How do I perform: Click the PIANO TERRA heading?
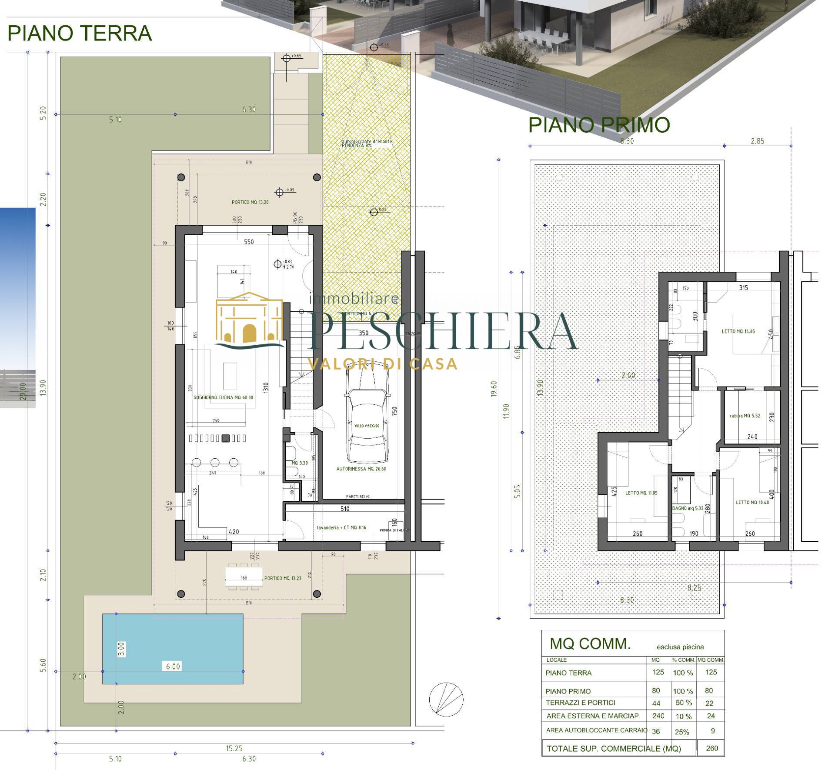tap(80, 34)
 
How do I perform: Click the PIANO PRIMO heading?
tap(599, 125)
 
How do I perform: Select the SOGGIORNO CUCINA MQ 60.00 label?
tap(223, 397)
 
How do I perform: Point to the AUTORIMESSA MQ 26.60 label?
tap(361, 469)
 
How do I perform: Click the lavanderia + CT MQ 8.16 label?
tap(341, 527)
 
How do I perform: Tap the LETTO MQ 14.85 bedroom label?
tap(738, 331)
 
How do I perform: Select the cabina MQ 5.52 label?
tap(745, 416)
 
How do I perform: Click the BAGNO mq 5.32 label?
tap(688, 508)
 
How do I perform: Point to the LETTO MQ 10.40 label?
tap(752, 502)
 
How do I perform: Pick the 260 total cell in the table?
tap(712, 748)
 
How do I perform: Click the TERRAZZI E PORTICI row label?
tap(580, 703)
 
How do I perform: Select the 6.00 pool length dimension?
tap(173, 666)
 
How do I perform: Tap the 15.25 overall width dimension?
tap(234, 748)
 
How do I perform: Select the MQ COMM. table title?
tap(590, 644)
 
